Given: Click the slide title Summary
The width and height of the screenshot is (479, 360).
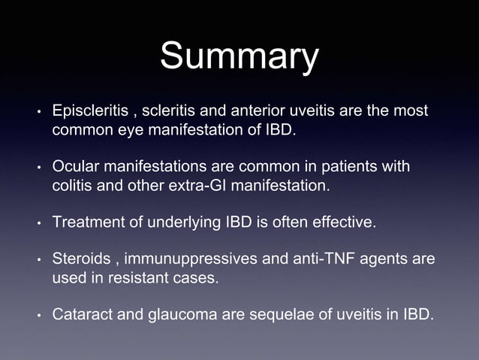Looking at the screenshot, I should (x=239, y=58).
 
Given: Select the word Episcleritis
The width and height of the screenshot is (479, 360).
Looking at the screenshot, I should (x=90, y=111).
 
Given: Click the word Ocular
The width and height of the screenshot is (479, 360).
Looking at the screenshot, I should (x=77, y=165).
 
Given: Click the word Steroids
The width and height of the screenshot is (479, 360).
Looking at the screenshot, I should (x=80, y=259).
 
